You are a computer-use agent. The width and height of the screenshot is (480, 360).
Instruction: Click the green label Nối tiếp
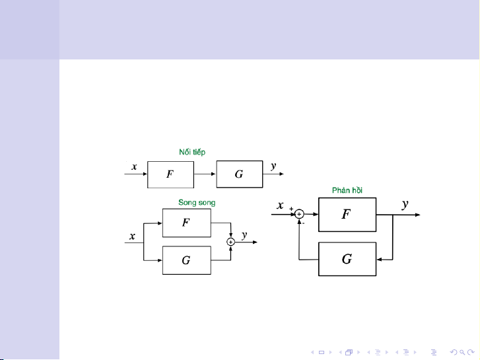192,151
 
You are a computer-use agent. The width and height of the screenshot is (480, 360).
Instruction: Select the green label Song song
197,201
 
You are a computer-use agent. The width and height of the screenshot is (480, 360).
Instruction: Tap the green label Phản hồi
347,190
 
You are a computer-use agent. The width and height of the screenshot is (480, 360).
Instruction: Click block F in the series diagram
170,175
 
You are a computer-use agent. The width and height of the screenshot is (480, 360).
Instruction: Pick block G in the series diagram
239,175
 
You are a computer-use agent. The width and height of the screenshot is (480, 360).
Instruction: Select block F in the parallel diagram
186,223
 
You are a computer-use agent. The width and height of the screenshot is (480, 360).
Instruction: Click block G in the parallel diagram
186,260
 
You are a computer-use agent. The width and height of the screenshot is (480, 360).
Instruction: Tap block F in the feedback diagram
347,215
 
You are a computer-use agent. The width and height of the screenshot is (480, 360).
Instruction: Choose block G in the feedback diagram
347,259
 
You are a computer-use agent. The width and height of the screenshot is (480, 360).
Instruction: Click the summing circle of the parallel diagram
230,242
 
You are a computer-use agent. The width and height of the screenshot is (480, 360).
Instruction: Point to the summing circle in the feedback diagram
298,214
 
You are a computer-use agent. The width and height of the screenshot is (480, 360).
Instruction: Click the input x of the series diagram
134,167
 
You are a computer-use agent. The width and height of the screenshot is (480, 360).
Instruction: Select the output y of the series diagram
273,166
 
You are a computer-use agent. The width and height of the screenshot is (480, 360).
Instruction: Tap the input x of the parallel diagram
133,236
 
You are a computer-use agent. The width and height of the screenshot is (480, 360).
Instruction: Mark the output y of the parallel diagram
244,234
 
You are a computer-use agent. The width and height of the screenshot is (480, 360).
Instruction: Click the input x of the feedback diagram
280,205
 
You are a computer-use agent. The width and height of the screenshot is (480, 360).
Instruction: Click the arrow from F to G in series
205,175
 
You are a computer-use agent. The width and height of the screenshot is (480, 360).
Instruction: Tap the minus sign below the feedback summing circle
303,223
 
